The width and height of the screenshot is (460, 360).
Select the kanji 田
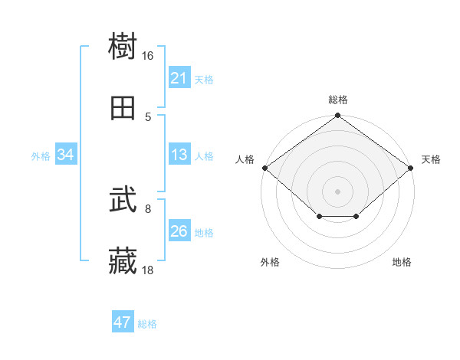pyautogui.click(x=123, y=109)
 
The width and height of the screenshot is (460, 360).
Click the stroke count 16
pyautogui.click(x=148, y=56)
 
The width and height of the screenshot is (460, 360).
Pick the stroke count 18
pyautogui.click(x=148, y=270)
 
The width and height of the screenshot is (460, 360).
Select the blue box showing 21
pyautogui.click(x=179, y=78)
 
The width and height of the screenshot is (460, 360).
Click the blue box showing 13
pyautogui.click(x=179, y=155)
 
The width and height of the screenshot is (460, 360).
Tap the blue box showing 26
pyautogui.click(x=179, y=231)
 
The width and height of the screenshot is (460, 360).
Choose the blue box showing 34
pyautogui.click(x=66, y=155)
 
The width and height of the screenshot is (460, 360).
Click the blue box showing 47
pyautogui.click(x=123, y=322)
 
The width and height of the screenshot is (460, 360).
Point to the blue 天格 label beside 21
pyautogui.click(x=204, y=79)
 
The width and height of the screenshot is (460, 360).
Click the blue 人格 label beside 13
pyautogui.click(x=204, y=155)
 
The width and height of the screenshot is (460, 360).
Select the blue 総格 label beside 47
pyautogui.click(x=147, y=324)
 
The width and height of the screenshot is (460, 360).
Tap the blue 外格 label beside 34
pyautogui.click(x=41, y=155)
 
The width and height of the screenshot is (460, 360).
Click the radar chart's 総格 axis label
pyautogui.click(x=338, y=100)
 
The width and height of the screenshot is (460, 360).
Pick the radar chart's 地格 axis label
pyautogui.click(x=402, y=262)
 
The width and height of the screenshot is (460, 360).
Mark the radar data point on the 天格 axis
pyautogui.click(x=412, y=168)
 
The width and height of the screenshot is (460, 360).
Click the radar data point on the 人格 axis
pyautogui.click(x=264, y=168)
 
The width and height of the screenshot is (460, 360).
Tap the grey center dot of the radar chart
pyautogui.click(x=338, y=191)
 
